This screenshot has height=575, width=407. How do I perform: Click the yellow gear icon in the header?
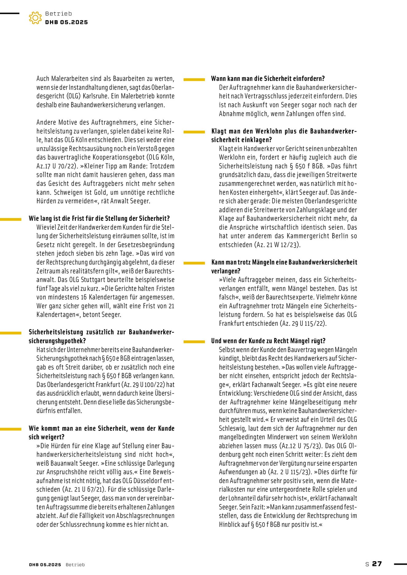pos(35,18)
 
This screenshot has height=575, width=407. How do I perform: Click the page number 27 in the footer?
pos(377,564)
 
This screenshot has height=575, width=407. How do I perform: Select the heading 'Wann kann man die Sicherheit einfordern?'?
pos(268,79)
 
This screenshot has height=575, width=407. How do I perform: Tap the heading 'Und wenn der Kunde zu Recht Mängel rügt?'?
pos(268,341)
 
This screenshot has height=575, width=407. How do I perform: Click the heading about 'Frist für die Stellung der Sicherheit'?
pos(99,218)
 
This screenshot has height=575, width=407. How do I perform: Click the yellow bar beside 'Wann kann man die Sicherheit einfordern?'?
pos(194,79)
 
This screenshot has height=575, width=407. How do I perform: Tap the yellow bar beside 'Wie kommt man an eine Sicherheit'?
pos(11,429)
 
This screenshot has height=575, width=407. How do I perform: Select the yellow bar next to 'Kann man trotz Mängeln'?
pos(194,263)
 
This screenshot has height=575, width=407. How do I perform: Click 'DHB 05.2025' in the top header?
pos(66,22)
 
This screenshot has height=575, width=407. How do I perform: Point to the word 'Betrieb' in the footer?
pos(75,565)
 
